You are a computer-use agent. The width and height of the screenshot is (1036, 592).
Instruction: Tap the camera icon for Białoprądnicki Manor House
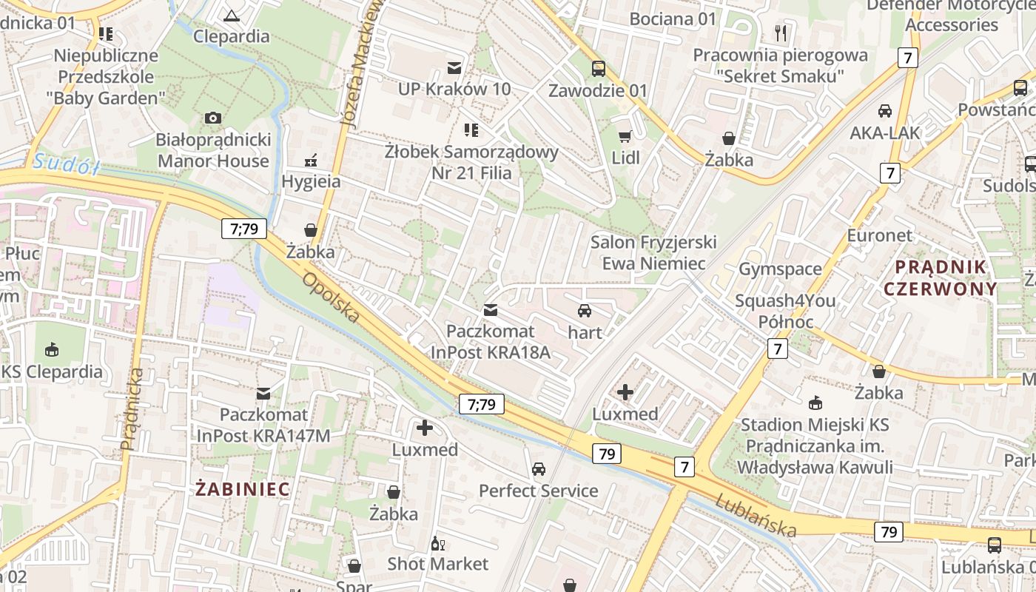(213, 118)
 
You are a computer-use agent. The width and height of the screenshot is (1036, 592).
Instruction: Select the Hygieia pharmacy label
(311, 181)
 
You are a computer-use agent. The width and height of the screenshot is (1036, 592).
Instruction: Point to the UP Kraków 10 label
(454, 90)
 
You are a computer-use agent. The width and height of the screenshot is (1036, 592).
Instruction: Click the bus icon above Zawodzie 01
(598, 69)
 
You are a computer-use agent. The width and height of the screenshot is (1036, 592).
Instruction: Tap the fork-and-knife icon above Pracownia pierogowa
(780, 33)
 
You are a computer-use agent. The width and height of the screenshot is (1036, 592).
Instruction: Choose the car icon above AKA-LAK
(884, 111)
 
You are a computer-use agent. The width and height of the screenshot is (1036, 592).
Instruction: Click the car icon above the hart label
(585, 311)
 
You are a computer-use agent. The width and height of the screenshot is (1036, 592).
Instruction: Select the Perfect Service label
(538, 491)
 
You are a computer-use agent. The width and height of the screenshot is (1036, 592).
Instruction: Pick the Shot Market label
(438, 564)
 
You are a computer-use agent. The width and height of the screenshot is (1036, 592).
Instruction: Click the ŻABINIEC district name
(243, 488)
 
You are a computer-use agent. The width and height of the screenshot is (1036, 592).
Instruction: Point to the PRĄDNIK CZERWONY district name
(941, 277)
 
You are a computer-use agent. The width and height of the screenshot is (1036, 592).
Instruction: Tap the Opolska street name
(331, 297)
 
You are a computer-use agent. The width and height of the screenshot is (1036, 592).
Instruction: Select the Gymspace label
(780, 269)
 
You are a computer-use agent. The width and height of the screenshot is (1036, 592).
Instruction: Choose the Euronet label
(880, 235)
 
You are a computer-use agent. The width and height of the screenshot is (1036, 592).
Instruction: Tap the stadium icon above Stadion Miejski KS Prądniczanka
(815, 403)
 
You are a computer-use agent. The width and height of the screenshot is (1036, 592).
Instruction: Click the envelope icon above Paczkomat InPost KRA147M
(263, 393)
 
